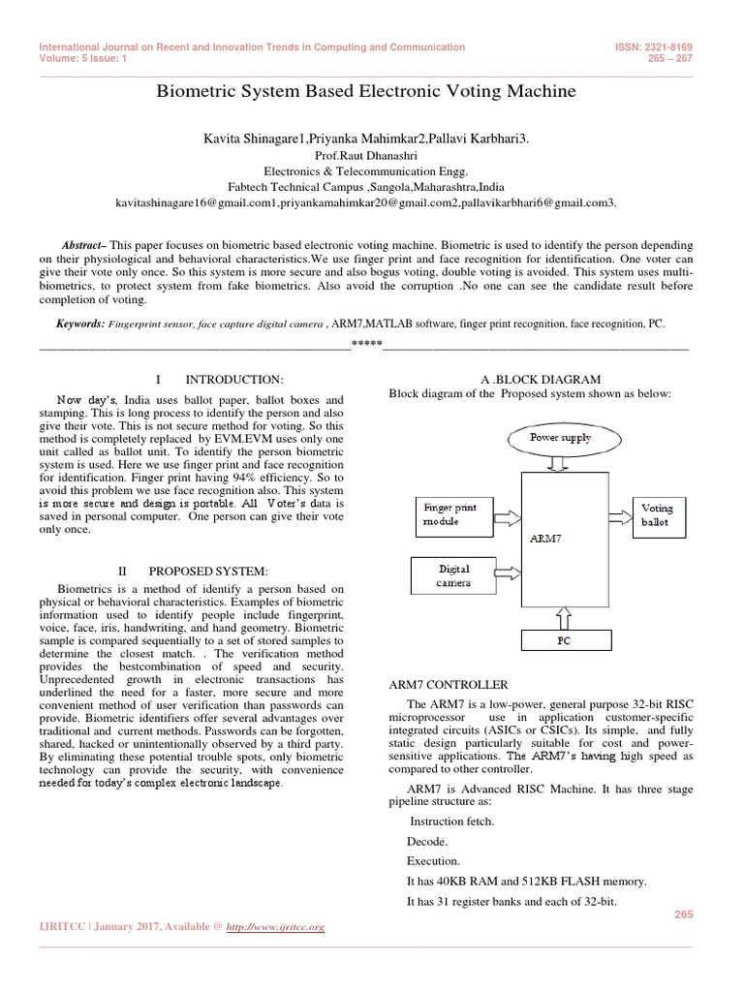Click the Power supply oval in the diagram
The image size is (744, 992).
[560, 437]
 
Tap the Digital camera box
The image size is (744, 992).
[455, 576]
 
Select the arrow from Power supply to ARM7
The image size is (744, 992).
[560, 465]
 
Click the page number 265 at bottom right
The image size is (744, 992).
[682, 914]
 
